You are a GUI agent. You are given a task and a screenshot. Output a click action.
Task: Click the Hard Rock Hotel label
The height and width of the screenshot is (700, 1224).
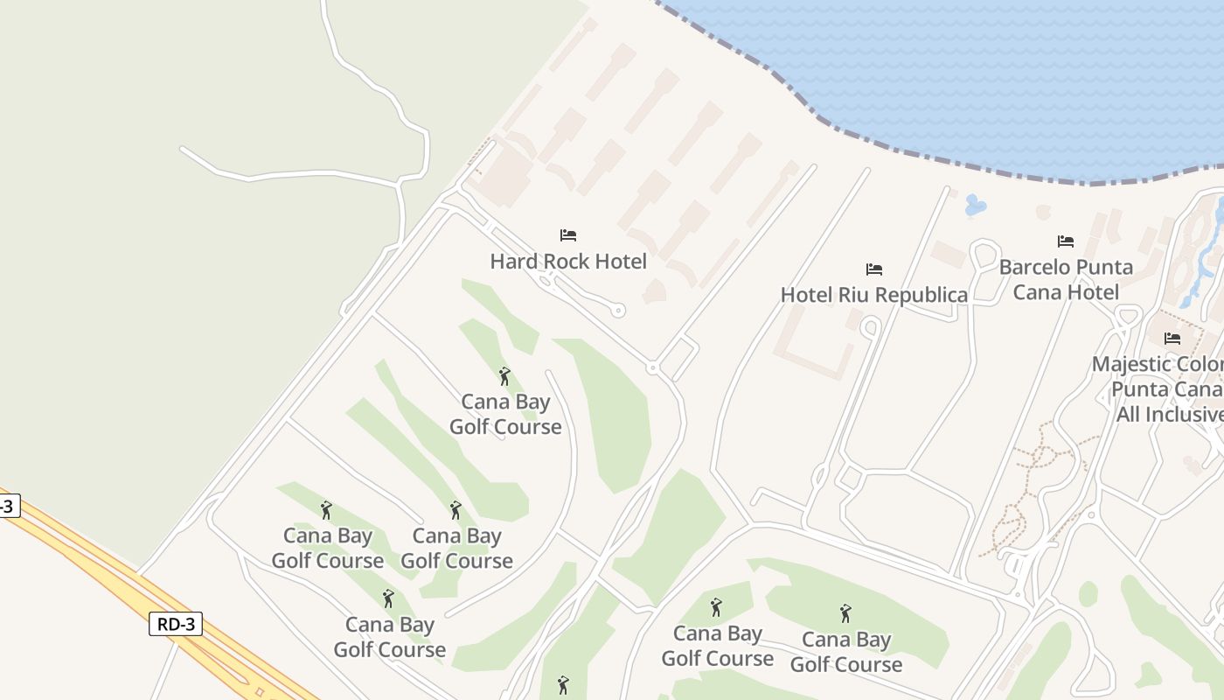(x=568, y=261)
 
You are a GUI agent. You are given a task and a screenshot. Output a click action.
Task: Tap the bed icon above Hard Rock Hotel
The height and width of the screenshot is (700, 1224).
(x=568, y=234)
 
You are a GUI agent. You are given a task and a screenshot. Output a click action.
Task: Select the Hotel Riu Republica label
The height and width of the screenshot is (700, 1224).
(x=874, y=295)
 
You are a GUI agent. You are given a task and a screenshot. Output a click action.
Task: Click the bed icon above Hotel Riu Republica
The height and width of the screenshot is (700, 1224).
(x=874, y=269)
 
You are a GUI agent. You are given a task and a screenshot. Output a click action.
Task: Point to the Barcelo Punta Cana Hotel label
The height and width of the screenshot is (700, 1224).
(x=1066, y=279)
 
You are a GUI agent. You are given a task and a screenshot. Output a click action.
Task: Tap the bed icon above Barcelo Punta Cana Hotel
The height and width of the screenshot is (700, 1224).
(x=1065, y=241)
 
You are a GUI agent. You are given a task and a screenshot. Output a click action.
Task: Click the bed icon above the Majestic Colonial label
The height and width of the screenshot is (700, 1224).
(x=1172, y=338)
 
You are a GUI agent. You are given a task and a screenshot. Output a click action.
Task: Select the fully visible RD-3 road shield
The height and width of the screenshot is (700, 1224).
(x=175, y=624)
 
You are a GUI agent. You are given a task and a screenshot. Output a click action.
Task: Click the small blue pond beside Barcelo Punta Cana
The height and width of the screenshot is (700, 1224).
(x=975, y=206)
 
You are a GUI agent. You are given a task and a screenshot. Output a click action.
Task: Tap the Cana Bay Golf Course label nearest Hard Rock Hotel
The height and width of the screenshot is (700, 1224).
(x=505, y=414)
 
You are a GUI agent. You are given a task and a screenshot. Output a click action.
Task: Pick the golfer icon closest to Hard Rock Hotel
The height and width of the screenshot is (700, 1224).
(x=504, y=376)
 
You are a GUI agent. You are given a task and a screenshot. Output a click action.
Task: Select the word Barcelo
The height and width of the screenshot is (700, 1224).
(x=1034, y=267)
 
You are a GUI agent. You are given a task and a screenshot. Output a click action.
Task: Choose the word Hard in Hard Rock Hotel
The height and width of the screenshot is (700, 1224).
(x=513, y=261)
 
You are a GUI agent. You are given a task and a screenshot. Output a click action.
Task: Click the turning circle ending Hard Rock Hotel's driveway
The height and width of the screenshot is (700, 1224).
(x=619, y=310)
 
